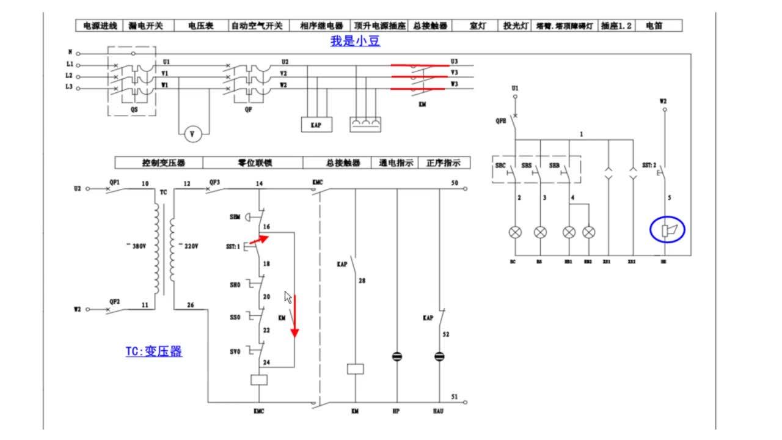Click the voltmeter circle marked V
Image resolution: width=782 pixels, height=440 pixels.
tap(193, 134)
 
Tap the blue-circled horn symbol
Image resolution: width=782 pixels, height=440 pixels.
tap(667, 230)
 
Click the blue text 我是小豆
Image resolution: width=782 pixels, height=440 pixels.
tap(356, 42)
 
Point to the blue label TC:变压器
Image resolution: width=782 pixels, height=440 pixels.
tap(154, 351)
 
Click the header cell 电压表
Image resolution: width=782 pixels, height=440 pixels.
tap(200, 26)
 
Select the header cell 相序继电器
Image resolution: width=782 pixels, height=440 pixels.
tap(321, 26)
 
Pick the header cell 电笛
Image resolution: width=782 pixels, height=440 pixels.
tap(654, 26)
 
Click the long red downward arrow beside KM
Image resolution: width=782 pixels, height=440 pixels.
tap(294, 316)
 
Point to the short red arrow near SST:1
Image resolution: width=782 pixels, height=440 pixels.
tap(259, 240)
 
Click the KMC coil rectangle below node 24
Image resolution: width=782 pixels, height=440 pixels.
tap(259, 380)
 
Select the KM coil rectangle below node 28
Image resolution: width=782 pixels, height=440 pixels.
tap(356, 369)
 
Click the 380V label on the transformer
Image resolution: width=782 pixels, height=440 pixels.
tap(137, 245)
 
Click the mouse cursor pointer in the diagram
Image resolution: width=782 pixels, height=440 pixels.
tap(288, 297)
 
